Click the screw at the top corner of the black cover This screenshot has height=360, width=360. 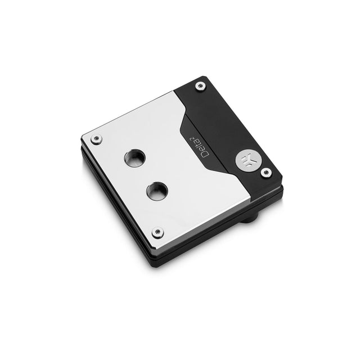[x=200, y=87]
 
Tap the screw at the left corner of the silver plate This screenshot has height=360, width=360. [x=97, y=138]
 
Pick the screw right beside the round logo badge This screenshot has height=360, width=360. [x=266, y=172]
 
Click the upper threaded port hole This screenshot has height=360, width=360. [x=134, y=158]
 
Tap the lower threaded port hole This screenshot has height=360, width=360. [x=157, y=191]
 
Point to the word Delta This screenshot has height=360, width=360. [x=203, y=148]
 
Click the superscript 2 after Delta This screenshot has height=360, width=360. [x=191, y=139]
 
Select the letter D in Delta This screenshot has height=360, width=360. [x=205, y=154]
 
